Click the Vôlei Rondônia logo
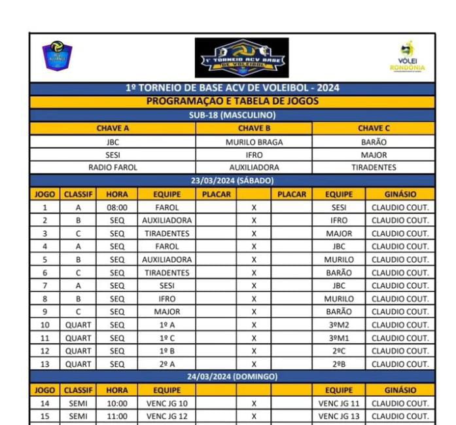412,58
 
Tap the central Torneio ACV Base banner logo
241,58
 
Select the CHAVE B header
254,128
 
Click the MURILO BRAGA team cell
254,141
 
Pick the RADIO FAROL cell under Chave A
113,167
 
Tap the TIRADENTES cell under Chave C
374,167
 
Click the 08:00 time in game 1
117,208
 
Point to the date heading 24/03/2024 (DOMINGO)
232,377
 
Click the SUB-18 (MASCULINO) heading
232,115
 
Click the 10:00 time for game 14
117,403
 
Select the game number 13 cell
44,364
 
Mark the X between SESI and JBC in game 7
254,286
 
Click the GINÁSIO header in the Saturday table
400,194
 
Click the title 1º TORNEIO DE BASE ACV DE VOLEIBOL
232,88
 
